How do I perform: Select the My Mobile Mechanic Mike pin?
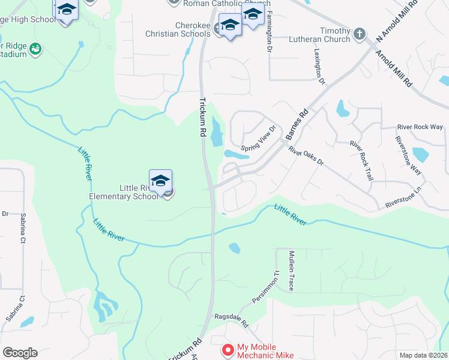[228, 350]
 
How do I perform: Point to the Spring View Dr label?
[258, 139]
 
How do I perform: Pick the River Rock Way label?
[420, 127]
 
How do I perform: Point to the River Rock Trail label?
[362, 161]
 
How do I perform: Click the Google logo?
[20, 353]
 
